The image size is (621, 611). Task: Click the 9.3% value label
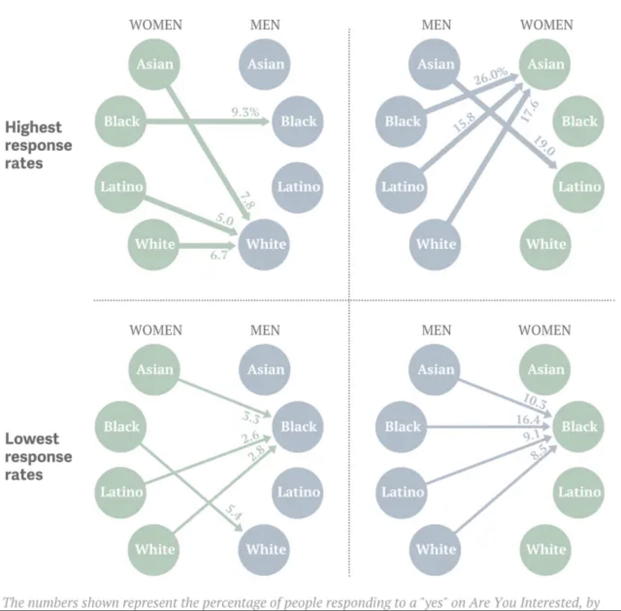(x=245, y=112)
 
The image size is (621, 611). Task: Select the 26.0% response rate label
(x=490, y=76)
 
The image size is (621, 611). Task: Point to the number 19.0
(x=544, y=145)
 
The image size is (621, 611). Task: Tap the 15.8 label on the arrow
(x=463, y=122)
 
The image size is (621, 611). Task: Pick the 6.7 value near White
(x=218, y=255)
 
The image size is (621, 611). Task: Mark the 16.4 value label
(x=528, y=419)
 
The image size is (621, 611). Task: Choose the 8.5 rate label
(x=539, y=451)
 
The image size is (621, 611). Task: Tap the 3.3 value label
(x=250, y=416)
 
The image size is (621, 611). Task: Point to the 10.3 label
(x=534, y=400)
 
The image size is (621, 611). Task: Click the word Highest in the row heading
(x=33, y=127)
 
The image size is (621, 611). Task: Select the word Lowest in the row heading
(x=32, y=438)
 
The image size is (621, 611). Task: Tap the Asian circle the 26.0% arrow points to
(x=545, y=64)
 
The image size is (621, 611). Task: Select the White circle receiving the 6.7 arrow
(x=265, y=244)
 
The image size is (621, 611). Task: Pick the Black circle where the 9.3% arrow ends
(x=298, y=121)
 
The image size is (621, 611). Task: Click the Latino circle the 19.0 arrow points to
(x=579, y=186)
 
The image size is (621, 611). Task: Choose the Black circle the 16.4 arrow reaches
(x=579, y=426)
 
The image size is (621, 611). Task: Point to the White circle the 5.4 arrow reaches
(x=265, y=549)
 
